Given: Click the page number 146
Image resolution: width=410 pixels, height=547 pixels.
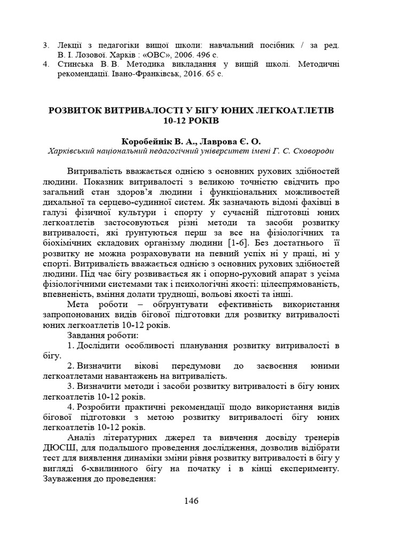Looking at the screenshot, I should click(x=191, y=501).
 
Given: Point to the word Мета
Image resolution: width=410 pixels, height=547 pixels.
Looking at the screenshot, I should click(x=79, y=304).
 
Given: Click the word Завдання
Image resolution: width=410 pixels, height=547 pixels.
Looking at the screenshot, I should click(x=87, y=335).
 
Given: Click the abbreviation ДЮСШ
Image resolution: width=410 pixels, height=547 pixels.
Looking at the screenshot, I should click(x=57, y=447).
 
